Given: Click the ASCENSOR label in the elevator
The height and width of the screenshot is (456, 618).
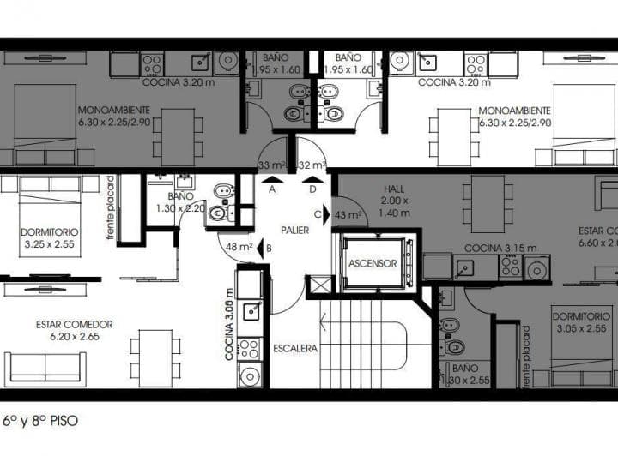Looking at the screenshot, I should click(x=373, y=263).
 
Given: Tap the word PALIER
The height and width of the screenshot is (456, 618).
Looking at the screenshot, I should click(x=294, y=231).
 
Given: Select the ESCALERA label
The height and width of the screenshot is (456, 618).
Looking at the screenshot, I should click(x=295, y=349).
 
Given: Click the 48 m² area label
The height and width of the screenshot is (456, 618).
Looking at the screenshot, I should click(x=239, y=247).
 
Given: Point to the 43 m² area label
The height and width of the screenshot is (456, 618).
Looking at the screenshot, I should click(x=347, y=215).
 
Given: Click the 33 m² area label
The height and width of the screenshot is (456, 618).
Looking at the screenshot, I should click(x=271, y=165).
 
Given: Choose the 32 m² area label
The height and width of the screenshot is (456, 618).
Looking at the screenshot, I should click(x=312, y=165).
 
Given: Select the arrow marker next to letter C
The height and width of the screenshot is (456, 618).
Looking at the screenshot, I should click(x=328, y=215).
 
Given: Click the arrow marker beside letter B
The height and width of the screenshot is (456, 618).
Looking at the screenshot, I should click(x=259, y=248).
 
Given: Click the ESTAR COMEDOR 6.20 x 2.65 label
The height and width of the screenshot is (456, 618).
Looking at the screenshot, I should click(x=75, y=330).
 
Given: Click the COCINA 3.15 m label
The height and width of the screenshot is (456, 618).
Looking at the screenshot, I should click(x=500, y=249).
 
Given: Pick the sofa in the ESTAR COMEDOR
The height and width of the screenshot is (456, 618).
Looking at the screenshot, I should click(x=45, y=366).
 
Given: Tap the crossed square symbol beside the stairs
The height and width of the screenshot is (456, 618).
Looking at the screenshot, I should click(x=318, y=285).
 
